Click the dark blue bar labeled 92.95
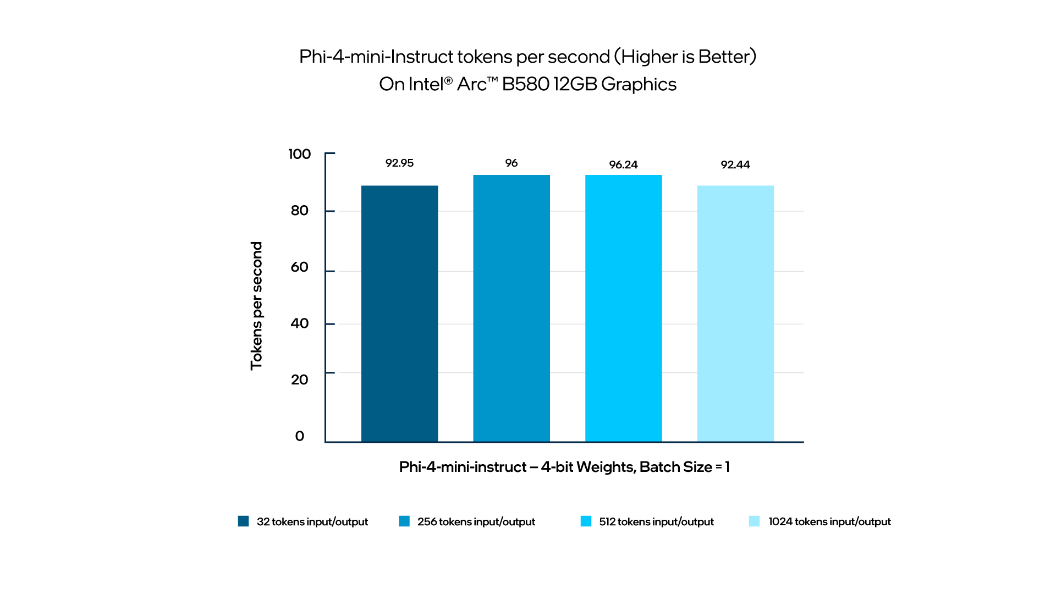(399, 313)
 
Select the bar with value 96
(512, 308)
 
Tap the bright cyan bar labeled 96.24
(623, 308)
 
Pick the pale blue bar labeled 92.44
(735, 313)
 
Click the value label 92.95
(399, 163)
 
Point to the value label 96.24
(623, 164)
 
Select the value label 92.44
(735, 164)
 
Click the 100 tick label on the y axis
(300, 154)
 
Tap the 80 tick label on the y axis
(300, 210)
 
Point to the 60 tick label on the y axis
(300, 267)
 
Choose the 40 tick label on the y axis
(300, 323)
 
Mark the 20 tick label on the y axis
(300, 380)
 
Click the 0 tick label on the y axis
(300, 436)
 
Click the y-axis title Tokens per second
(257, 305)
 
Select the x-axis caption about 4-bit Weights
(564, 467)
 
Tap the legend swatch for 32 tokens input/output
(243, 521)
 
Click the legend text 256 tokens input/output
(476, 521)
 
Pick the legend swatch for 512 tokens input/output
(586, 521)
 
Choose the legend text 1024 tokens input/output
(829, 521)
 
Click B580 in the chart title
(526, 84)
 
